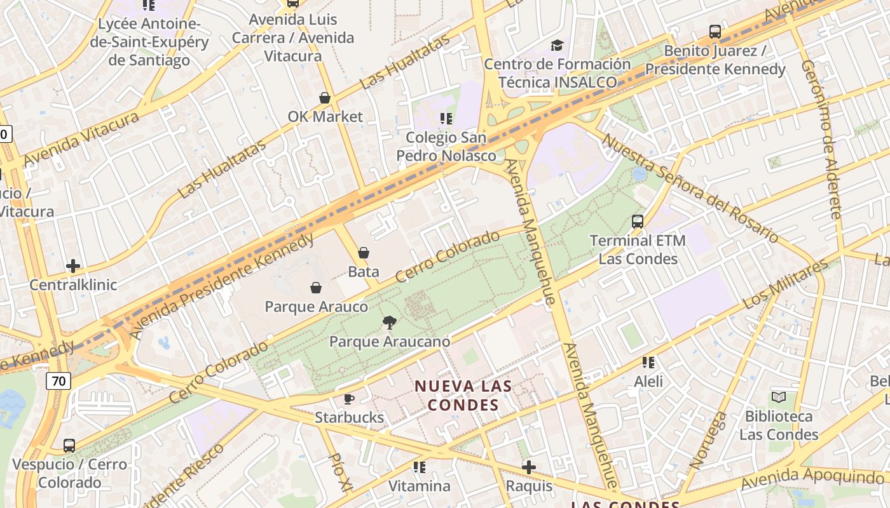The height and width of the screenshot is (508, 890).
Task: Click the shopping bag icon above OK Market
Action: [325, 98]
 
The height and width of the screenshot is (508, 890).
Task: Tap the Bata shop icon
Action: [364, 253]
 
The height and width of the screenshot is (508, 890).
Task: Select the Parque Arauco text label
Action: [316, 307]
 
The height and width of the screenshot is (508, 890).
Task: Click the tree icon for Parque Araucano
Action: [390, 323]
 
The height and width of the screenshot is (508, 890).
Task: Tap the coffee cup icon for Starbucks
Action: [349, 399]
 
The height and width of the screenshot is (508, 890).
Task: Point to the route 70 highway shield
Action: [58, 381]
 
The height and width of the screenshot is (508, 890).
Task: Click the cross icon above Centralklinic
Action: [73, 266]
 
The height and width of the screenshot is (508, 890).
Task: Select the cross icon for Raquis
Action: [528, 468]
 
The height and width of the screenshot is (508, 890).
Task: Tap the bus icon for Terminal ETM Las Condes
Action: [638, 222]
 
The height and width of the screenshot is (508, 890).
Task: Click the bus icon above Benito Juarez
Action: [715, 32]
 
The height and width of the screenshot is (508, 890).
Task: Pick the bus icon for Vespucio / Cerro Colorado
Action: [69, 446]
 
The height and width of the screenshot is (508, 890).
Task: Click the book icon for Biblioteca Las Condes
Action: [779, 398]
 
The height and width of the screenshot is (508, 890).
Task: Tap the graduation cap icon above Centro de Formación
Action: [558, 45]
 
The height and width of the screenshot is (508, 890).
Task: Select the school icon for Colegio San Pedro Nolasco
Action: [446, 118]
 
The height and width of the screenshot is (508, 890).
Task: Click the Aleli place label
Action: [648, 381]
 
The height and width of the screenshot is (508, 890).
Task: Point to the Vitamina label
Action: [419, 486]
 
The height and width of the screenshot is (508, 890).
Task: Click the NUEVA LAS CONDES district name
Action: [463, 395]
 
